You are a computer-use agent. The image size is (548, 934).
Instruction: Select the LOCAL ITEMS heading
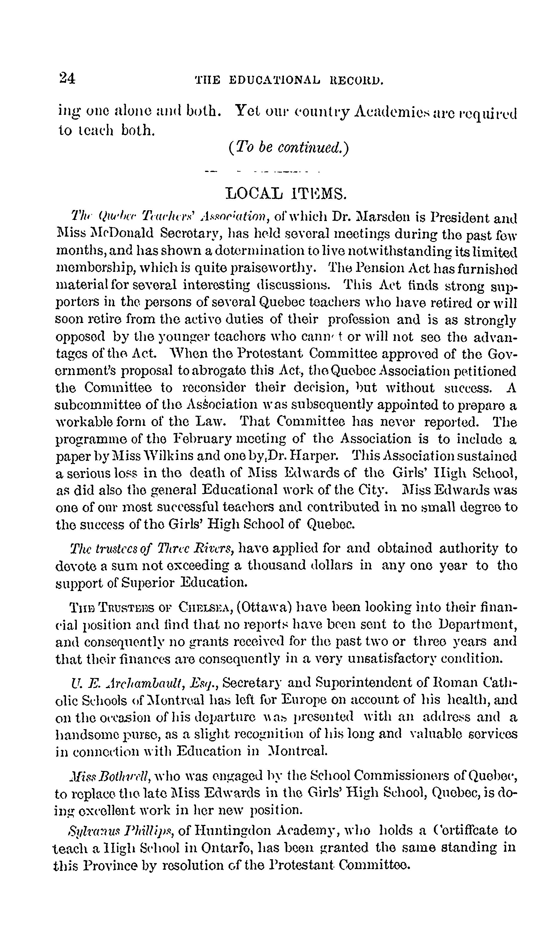click(286, 193)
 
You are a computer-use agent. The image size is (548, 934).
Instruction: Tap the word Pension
click(378, 269)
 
